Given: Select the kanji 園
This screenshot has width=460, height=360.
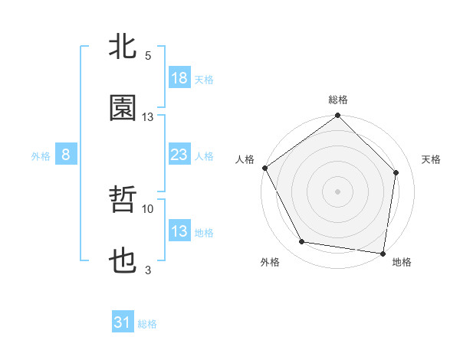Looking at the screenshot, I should click(123, 109).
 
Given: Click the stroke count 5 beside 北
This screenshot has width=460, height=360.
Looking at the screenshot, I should click(148, 56).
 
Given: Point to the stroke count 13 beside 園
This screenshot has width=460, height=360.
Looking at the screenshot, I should click(148, 117).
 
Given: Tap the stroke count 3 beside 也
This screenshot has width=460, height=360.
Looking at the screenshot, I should click(148, 270).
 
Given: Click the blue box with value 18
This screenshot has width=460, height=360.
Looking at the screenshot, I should click(179, 78).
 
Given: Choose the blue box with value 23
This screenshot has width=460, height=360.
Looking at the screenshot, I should click(179, 155).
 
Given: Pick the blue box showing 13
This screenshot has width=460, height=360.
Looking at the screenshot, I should click(179, 231).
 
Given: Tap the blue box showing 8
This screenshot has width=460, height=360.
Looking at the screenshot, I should click(66, 155).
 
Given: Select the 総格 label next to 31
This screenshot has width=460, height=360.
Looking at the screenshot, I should click(147, 324).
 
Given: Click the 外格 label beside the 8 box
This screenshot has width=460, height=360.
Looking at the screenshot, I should click(41, 156).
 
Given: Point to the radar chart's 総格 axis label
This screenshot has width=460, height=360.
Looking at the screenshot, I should click(337, 100).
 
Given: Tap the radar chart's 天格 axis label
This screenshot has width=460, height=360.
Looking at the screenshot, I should click(432, 159).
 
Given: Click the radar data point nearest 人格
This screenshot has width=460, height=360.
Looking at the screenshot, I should click(264, 168).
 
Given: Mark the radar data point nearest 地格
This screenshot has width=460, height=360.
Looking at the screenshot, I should click(383, 253).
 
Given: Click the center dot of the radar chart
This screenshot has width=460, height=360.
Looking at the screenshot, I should click(337, 191).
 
